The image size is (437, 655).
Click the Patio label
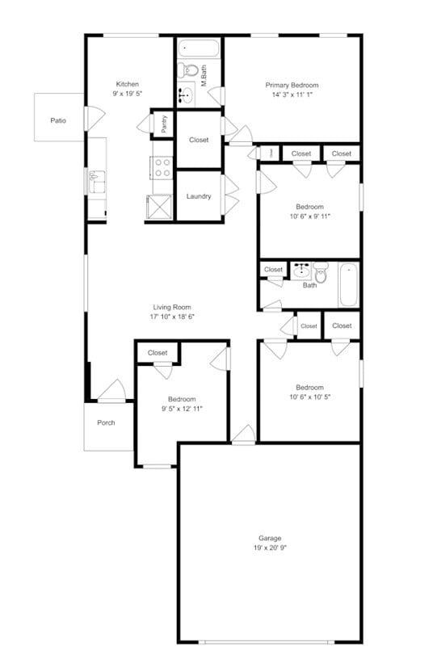coord(58,121)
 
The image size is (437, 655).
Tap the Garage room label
coord(270,538)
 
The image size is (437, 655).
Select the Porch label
coord(106,422)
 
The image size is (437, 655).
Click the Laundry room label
coord(199,196)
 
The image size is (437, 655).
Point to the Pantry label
coord(164,124)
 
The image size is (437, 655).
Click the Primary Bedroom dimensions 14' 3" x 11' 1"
coord(292,94)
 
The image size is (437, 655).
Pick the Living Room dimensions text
coord(172,317)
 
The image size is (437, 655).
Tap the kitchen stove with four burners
coord(162,167)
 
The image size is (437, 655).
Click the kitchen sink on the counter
coord(96,183)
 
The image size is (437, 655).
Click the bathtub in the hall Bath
coord(347,284)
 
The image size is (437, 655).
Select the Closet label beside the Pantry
coord(199,140)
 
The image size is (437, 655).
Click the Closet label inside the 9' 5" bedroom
coord(158,353)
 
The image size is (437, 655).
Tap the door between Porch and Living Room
coord(111,393)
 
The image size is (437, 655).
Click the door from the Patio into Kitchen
coord(90,119)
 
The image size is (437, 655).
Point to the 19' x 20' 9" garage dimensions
coord(270,548)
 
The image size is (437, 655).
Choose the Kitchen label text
coord(128,84)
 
